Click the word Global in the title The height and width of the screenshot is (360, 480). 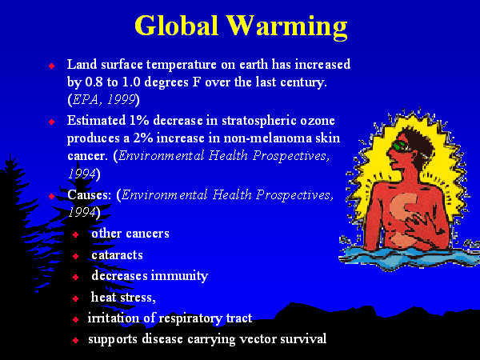click(x=176, y=25)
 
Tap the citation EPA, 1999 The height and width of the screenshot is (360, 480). click(x=104, y=99)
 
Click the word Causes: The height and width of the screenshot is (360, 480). click(x=90, y=194)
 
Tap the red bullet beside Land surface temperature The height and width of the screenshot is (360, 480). click(x=51, y=66)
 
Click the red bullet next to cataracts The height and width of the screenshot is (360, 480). click(x=76, y=256)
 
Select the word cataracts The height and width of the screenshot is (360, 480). click(x=118, y=255)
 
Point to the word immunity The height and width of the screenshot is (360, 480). click(x=179, y=276)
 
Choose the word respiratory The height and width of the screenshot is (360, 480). click(x=190, y=318)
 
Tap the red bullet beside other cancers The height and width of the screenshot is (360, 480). click(x=76, y=234)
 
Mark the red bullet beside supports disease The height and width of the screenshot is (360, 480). click(x=76, y=340)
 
